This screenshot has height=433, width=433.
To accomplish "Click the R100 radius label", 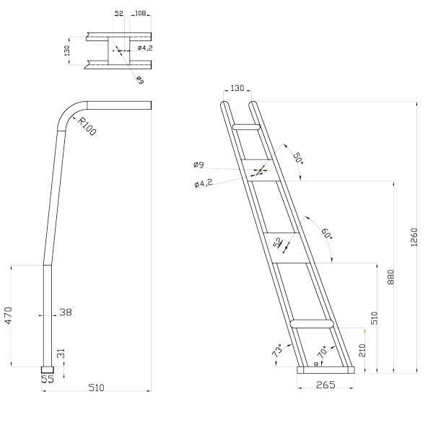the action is point(87,126).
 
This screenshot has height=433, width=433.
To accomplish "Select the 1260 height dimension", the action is point(414,237).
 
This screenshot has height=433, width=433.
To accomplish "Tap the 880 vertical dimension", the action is point(390,277).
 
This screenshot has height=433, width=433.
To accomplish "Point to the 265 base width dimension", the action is point(325,385).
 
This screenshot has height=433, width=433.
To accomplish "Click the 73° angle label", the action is point(279,350).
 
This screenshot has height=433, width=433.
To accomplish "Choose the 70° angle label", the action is point(322,351).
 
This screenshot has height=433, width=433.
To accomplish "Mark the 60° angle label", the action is point(327,234).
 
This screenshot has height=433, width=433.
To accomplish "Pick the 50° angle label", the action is point(297,158).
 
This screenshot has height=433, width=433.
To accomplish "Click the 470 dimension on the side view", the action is point(8,315).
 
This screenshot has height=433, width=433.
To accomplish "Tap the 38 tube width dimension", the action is point(66,312).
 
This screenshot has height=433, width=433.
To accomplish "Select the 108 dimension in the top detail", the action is point(140,13).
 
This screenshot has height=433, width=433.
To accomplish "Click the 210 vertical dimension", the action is point(362,350).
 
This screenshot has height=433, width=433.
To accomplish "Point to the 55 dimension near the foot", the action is point(48,379).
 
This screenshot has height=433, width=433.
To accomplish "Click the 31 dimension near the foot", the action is point(61,354).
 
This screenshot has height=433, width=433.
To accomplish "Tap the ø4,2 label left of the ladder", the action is point(204,183).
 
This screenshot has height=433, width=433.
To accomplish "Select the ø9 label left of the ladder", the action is point(198,165).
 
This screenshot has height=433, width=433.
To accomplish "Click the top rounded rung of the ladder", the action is point(246,127).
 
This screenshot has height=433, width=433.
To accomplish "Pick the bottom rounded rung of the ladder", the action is point(312,323).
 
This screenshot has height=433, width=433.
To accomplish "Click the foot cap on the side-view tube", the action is point(48,370).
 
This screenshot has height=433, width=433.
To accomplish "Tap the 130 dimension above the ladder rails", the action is point(237,88).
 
